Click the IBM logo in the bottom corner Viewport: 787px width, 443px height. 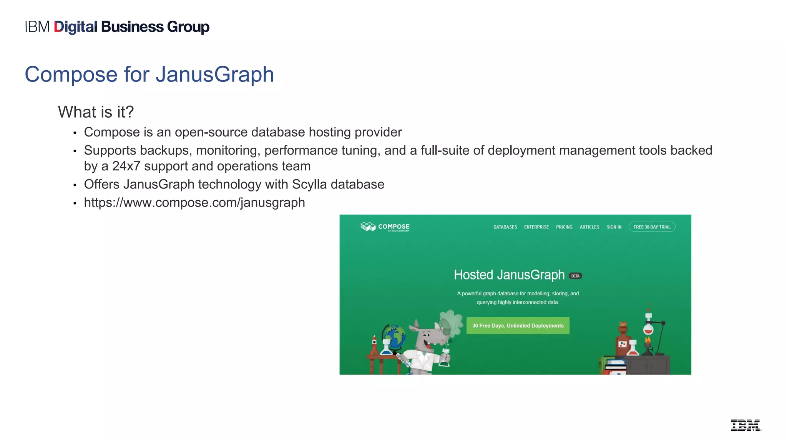pos(745,425)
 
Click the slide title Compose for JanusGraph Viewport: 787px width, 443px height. pos(149,74)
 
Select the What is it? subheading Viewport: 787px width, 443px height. pos(96,112)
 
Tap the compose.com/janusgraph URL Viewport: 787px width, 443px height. pos(194,203)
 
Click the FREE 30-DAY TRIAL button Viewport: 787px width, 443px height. pos(652,227)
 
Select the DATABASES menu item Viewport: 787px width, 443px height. pos(505,227)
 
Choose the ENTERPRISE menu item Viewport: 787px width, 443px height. pos(536,227)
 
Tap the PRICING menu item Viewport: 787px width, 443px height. pos(564,227)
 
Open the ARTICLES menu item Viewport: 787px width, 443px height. pos(589,227)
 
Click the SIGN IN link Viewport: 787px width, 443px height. pos(614,227)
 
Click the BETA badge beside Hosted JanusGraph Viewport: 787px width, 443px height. pos(575,276)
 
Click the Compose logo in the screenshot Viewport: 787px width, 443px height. pos(385,227)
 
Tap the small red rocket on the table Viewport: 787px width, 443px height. pos(374,344)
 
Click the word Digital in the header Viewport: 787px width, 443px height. pos(75,27)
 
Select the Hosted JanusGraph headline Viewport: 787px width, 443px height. pos(509,275)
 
